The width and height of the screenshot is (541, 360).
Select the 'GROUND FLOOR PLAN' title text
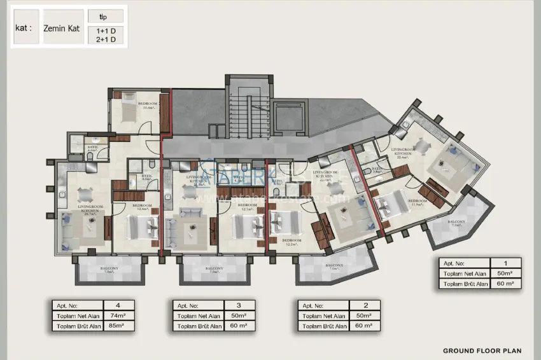[482, 350]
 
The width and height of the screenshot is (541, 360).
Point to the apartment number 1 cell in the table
[505, 263]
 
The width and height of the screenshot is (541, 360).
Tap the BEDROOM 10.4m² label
[150, 106]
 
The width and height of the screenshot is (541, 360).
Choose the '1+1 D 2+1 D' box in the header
[106, 34]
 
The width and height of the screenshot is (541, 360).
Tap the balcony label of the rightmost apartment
[456, 223]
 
